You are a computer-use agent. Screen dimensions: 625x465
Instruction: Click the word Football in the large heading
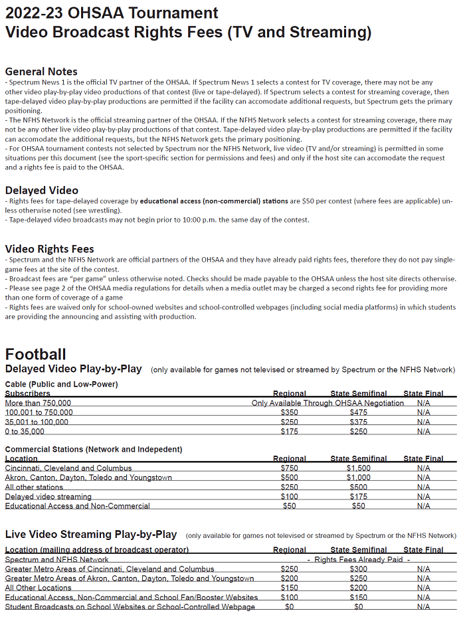tap(35, 354)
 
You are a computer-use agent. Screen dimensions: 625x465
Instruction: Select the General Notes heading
tap(41, 72)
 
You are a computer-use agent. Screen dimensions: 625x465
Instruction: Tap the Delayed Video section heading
tap(41, 190)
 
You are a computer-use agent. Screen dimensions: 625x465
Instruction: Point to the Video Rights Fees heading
tap(49, 248)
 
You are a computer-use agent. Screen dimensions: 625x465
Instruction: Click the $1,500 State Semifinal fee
tap(358, 468)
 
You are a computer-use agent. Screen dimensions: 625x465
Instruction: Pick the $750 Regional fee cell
tap(289, 468)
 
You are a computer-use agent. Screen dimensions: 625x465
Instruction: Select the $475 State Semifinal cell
tap(358, 412)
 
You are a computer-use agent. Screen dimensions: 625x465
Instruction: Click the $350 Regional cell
tap(289, 412)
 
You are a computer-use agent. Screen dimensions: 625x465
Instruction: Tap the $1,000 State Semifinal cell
tap(358, 478)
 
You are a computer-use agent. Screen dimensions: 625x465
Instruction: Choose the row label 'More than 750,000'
tap(38, 403)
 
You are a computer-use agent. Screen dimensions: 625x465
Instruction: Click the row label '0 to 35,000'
tap(25, 432)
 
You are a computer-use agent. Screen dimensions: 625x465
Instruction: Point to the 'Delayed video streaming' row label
tap(48, 497)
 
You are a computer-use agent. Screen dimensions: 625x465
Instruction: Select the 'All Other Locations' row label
tap(38, 588)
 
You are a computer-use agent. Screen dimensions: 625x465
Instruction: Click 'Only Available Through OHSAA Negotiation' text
tap(327, 403)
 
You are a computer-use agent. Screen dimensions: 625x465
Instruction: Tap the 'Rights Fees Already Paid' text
tap(358, 560)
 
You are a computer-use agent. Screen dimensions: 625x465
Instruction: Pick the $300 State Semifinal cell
tap(358, 569)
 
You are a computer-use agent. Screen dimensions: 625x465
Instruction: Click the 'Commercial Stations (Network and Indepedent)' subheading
tap(93, 450)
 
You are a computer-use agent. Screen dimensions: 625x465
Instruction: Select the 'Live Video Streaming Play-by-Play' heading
tap(91, 535)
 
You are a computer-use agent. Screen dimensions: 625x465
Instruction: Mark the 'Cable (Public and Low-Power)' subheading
tap(61, 384)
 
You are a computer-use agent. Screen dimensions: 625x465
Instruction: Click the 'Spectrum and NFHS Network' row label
tap(56, 560)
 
